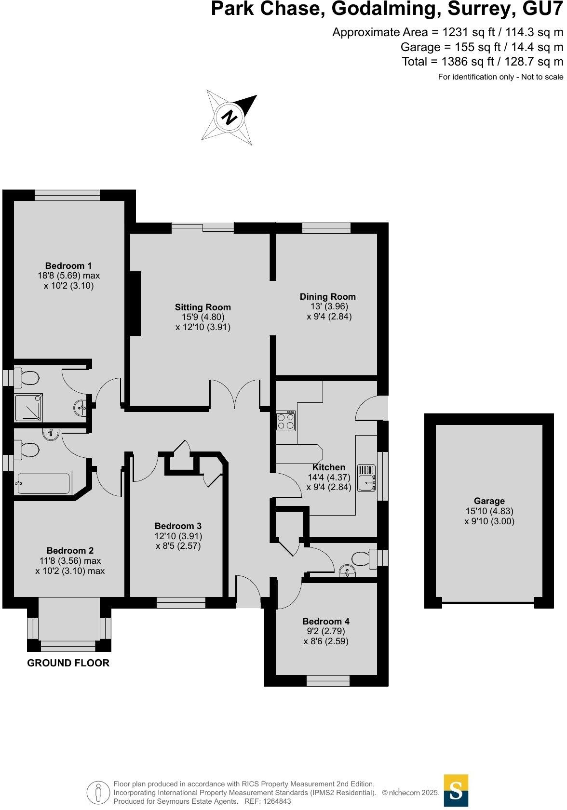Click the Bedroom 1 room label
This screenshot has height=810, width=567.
(x=68, y=266)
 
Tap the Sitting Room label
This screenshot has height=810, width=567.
(x=202, y=307)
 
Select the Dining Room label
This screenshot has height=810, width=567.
(x=327, y=297)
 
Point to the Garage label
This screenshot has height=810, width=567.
(x=489, y=501)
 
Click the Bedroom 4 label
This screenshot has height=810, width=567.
(x=326, y=622)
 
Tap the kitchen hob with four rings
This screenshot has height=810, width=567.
(x=285, y=422)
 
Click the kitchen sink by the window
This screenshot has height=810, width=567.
(x=367, y=478)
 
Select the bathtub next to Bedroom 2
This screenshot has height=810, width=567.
(x=43, y=483)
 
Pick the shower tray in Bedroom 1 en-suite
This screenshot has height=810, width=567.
(x=28, y=408)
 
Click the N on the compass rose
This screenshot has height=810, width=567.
(x=231, y=117)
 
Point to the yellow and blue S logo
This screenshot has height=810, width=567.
(x=456, y=790)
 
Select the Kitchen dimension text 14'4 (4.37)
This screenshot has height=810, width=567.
(x=329, y=478)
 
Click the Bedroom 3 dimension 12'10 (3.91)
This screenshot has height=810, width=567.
(x=178, y=536)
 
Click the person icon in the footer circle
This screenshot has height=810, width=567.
(x=99, y=792)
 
